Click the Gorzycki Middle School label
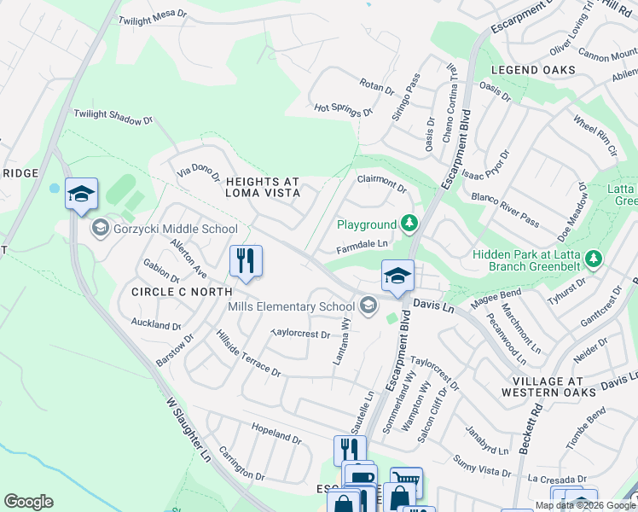click(175, 229)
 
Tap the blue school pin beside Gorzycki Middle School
click(81, 195)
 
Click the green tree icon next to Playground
click(410, 224)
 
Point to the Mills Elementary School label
click(290, 306)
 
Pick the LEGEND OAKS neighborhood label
click(526, 69)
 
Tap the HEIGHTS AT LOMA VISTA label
click(263, 188)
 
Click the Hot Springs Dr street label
click(344, 109)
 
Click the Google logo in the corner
click(28, 501)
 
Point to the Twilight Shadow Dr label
click(112, 117)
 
